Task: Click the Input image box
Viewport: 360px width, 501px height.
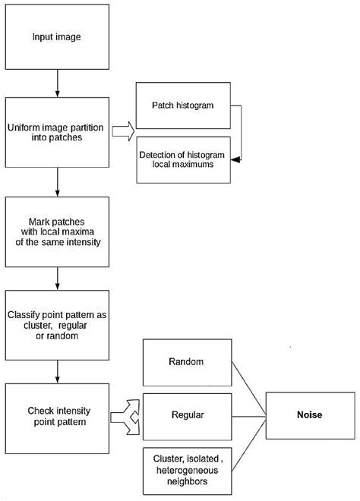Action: [x=58, y=36]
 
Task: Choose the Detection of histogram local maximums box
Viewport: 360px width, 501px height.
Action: [x=183, y=160]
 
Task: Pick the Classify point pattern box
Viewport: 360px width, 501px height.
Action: [x=58, y=324]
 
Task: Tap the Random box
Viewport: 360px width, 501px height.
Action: [x=186, y=362]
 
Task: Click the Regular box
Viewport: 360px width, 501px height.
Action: [x=186, y=415]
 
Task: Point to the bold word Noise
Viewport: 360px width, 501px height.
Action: [x=311, y=415]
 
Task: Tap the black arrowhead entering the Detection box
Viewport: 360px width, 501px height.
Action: [x=235, y=160]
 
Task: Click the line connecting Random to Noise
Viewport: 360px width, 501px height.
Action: [x=247, y=388]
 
